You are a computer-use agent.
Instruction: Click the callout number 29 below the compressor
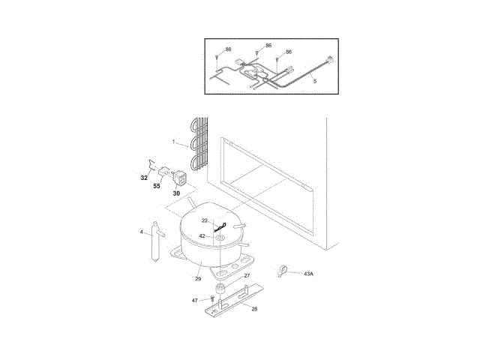(198, 279)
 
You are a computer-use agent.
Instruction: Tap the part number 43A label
(308, 274)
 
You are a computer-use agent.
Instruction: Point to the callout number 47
(195, 300)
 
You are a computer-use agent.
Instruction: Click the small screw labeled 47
(212, 298)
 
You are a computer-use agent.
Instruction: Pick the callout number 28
(254, 308)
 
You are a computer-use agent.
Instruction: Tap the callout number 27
(247, 276)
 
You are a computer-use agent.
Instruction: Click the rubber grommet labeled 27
(220, 289)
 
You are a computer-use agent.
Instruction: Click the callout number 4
(141, 232)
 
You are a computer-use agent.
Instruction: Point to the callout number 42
(202, 236)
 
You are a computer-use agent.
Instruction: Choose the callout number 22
(204, 220)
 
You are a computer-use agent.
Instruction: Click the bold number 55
(157, 186)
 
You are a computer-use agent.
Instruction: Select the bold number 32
(143, 178)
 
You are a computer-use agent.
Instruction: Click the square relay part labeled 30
(180, 178)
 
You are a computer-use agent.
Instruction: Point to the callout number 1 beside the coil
(173, 142)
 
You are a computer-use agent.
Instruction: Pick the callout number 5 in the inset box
(314, 80)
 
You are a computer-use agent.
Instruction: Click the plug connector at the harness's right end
(330, 64)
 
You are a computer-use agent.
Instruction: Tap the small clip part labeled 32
(151, 163)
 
